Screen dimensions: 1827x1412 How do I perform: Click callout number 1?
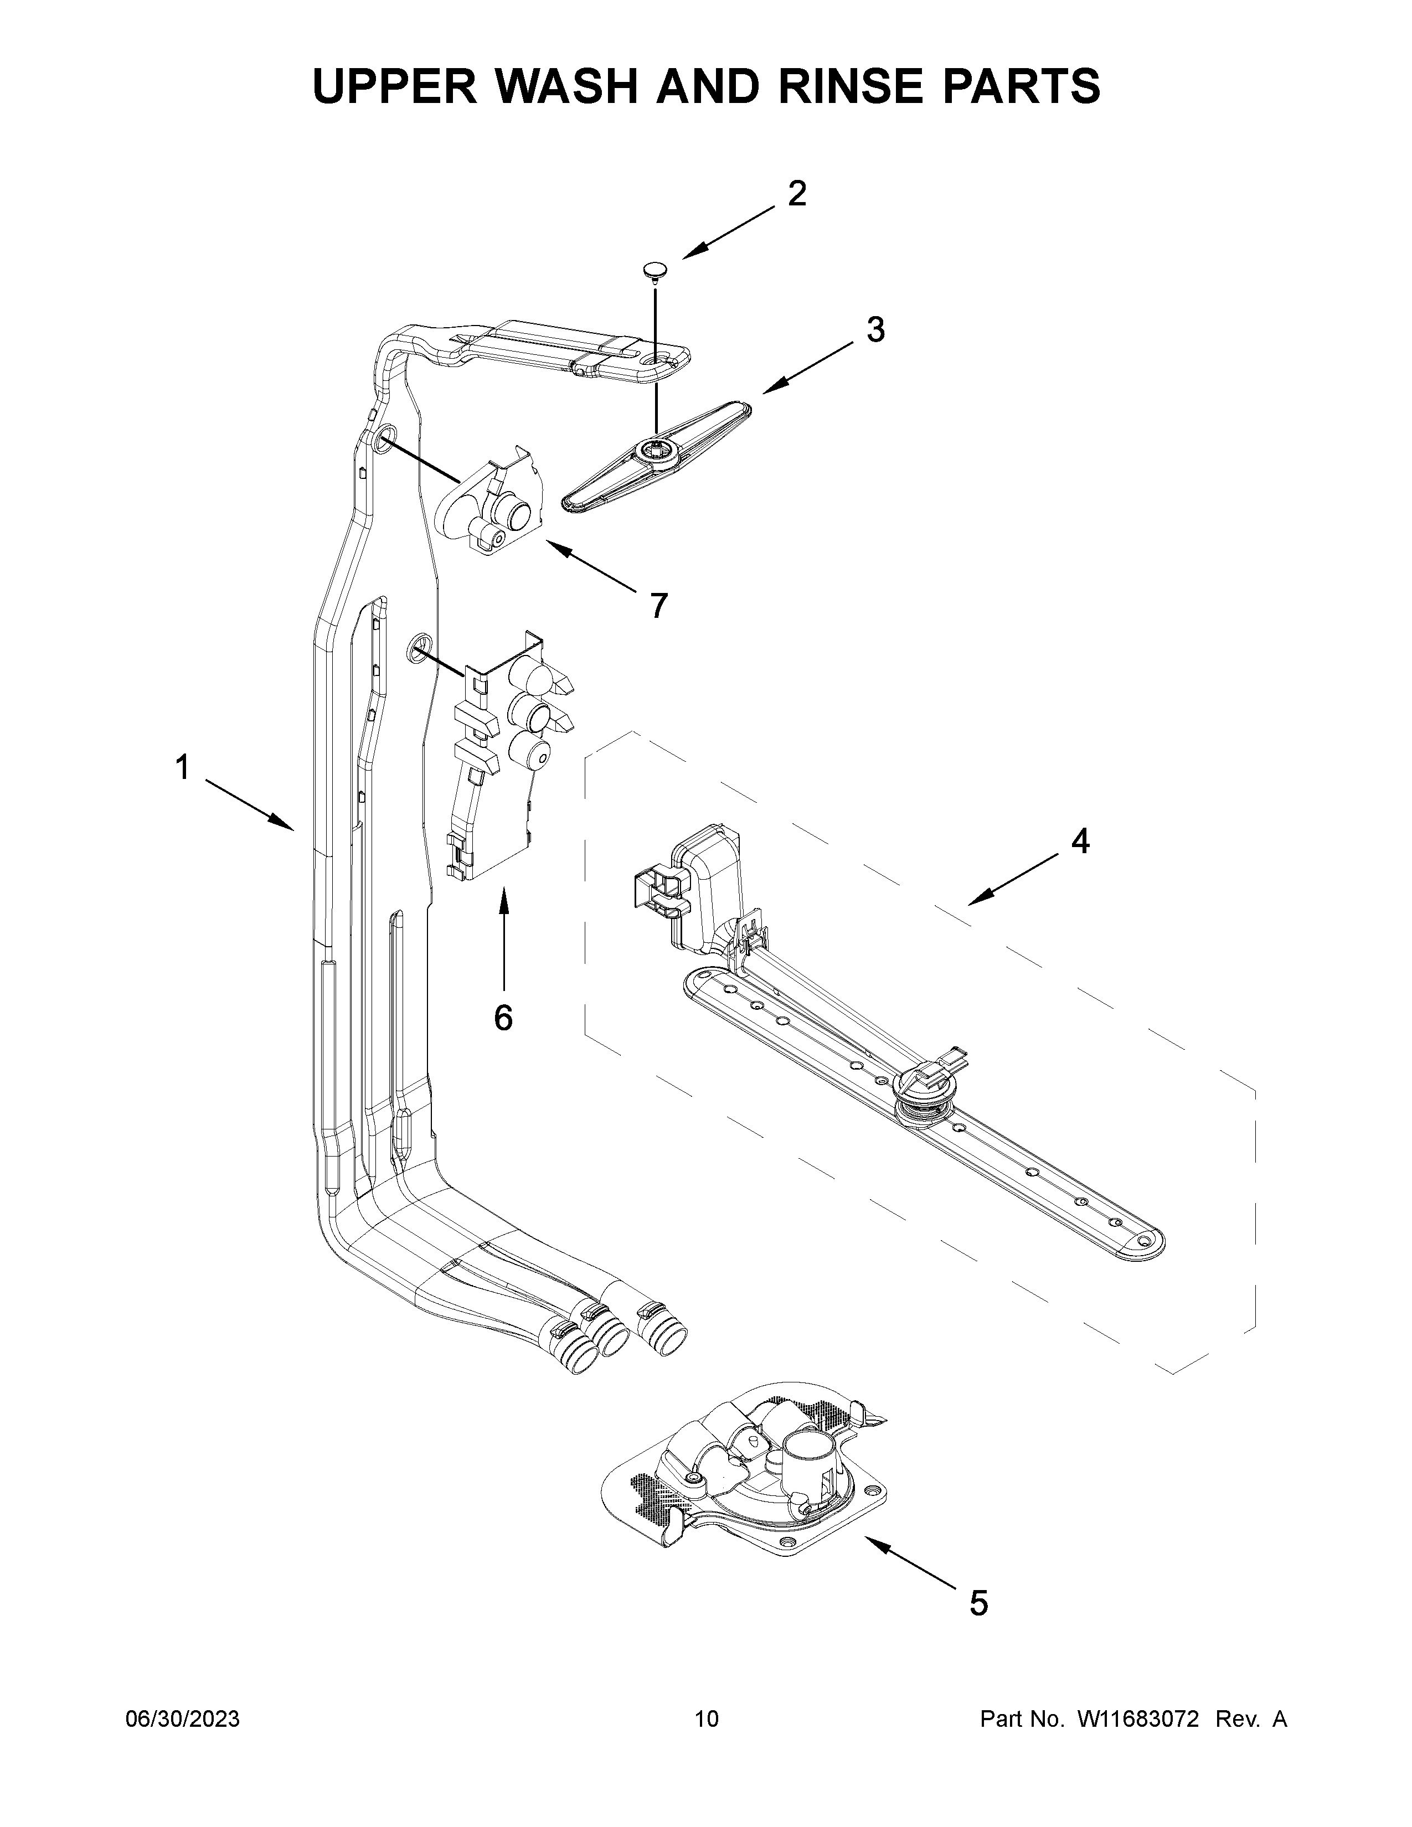pos(182,768)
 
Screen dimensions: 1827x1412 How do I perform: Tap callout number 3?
pos(875,331)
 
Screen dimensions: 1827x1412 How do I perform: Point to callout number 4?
pos(1080,842)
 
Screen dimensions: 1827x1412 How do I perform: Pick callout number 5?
pos(978,1604)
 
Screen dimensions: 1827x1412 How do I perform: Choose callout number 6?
pos(503,1017)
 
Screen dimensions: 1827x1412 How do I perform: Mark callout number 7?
pos(659,605)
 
